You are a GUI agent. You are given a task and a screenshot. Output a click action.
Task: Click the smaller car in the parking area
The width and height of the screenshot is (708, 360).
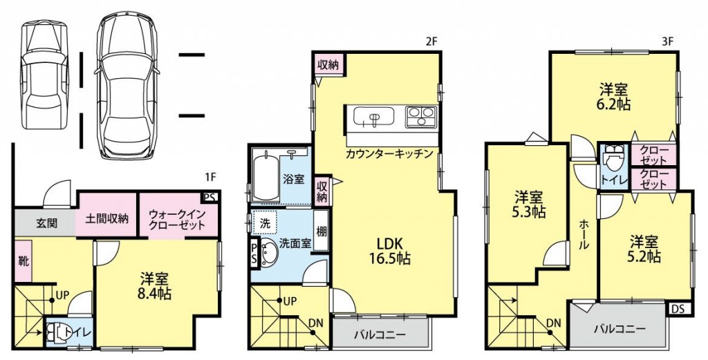46,75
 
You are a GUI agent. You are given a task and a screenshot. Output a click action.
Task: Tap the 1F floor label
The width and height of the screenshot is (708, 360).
211,177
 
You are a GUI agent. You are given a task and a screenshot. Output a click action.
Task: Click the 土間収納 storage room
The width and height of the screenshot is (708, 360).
107,219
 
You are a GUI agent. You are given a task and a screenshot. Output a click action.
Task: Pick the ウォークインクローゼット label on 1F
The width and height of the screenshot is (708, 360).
177,218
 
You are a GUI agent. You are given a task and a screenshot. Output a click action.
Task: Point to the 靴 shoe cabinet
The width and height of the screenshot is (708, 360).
24,261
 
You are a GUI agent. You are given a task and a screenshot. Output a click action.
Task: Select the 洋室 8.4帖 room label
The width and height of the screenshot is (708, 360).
155,285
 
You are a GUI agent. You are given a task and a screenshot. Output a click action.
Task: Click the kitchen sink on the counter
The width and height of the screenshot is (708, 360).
373,117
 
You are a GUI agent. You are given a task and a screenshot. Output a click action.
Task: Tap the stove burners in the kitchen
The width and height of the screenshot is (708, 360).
422,116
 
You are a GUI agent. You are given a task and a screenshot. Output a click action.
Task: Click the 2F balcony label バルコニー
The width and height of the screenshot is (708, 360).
380,334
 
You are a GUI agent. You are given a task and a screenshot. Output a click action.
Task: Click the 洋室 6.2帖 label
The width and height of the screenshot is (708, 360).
615,96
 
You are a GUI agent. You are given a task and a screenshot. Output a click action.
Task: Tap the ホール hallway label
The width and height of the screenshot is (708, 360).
584,235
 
